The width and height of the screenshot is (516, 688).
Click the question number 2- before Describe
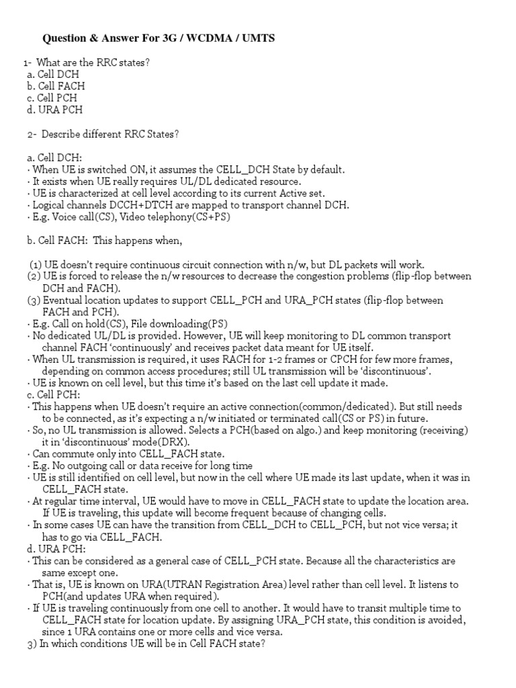pyautogui.click(x=33, y=134)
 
